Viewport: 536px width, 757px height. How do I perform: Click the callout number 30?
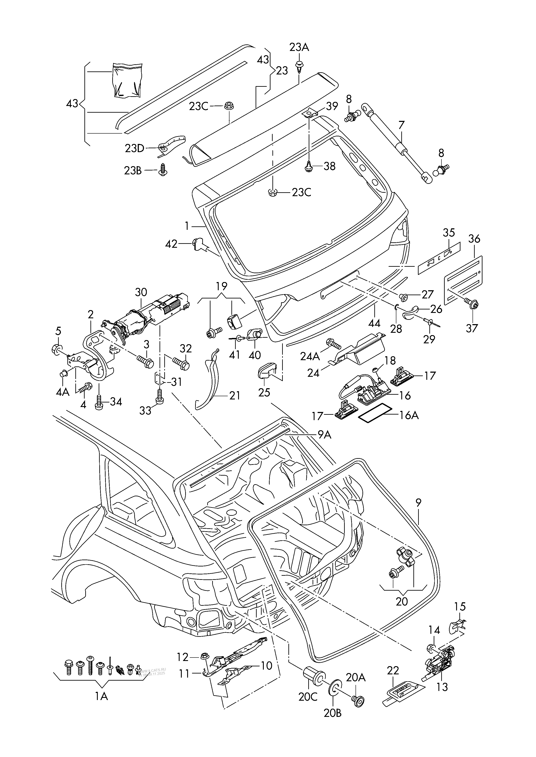pos(141,292)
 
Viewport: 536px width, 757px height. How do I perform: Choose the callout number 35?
pos(449,233)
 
